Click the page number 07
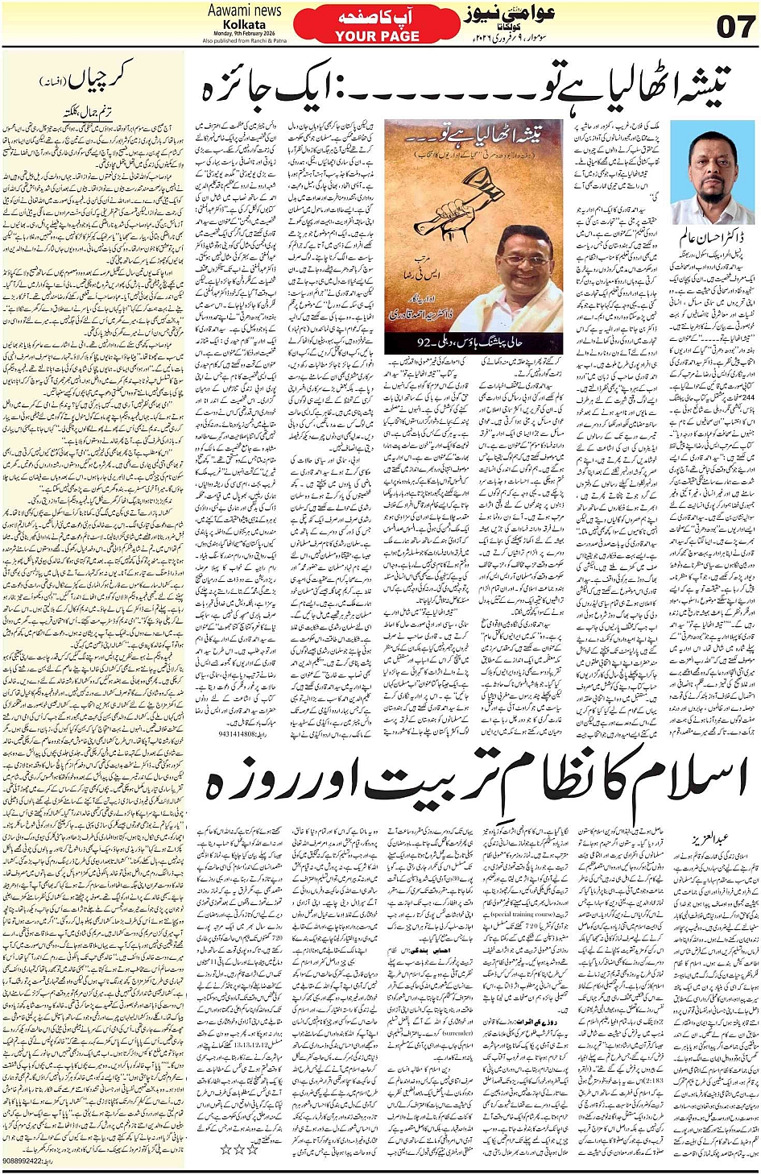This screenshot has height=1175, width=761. tap(735, 27)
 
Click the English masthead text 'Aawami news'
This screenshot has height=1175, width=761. tap(244, 10)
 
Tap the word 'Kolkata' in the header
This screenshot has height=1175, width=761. tap(244, 24)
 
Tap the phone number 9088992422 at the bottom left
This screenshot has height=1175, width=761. tap(28, 1161)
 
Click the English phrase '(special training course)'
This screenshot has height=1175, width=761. tap(524, 916)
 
